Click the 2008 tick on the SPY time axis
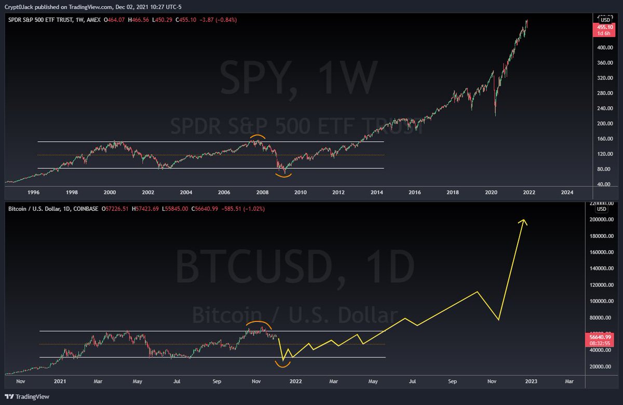click(262, 192)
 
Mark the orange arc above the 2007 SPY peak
click(257, 138)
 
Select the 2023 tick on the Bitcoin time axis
click(531, 382)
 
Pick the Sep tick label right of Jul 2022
click(452, 382)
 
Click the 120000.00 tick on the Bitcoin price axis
click(602, 285)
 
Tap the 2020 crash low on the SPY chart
click(495, 115)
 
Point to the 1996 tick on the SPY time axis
click(34, 192)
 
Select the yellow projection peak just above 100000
click(477, 292)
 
